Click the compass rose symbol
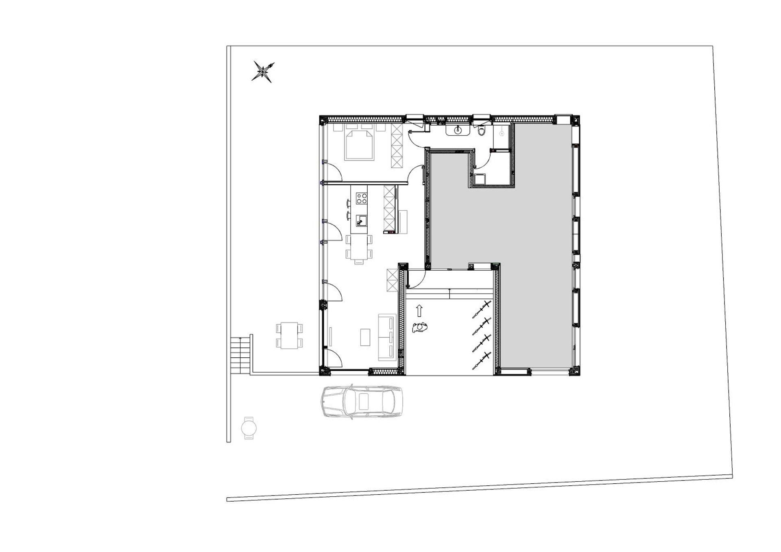[x=263, y=72]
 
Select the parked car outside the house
[x=362, y=402]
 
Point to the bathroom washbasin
[x=458, y=130]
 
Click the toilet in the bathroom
[x=482, y=131]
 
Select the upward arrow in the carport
[x=419, y=311]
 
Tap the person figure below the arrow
[x=420, y=327]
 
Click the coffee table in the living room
[x=365, y=337]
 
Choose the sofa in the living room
[x=387, y=337]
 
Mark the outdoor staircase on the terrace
[x=240, y=356]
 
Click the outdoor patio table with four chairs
[x=290, y=335]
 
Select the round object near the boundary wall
[x=249, y=428]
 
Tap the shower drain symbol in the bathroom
[x=502, y=133]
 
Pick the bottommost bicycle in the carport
[x=482, y=361]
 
